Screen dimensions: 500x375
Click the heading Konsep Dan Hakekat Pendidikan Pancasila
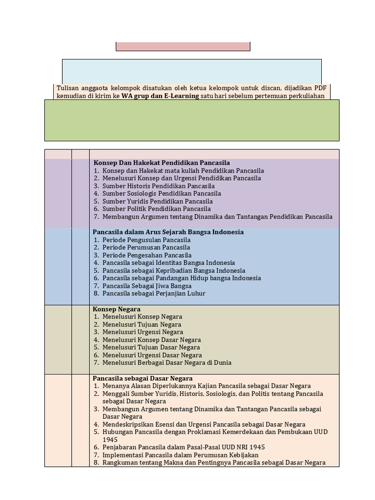162,163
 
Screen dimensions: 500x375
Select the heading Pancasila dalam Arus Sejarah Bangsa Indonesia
168,232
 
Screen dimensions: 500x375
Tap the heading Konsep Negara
117,309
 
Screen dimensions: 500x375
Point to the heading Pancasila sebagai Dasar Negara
143,378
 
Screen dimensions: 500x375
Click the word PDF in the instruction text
314,88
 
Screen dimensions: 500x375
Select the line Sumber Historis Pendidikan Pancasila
158,186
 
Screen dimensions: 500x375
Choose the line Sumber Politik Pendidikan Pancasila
156,209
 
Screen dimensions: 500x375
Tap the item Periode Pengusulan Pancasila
146,240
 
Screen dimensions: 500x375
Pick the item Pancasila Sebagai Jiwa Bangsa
147,286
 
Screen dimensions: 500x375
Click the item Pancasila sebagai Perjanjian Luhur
154,293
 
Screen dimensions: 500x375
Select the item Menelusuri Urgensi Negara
143,332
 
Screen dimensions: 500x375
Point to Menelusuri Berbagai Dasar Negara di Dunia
167,363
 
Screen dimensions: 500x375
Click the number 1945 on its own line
110,439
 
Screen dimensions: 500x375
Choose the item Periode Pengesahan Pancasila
147,255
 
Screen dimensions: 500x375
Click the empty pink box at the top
183,46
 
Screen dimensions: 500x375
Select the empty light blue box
191,71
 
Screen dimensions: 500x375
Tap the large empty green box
191,120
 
